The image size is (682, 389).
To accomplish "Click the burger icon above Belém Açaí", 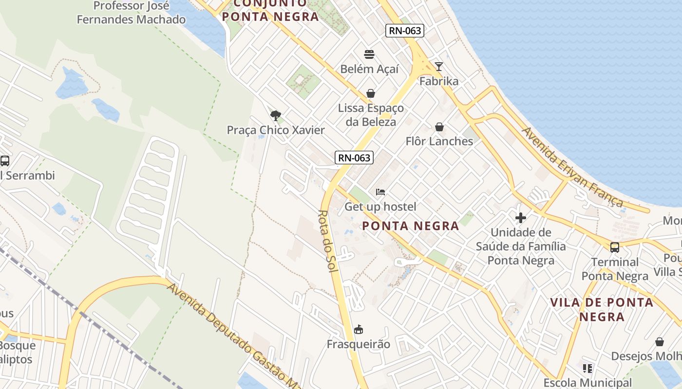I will coord(369,54).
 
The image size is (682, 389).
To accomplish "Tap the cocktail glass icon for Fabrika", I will coord(439,66).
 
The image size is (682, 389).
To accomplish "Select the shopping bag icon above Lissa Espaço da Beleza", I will coord(371,93).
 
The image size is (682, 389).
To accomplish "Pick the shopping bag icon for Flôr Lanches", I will coord(439,127).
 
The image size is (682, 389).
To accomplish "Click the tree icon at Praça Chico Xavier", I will coord(276,115).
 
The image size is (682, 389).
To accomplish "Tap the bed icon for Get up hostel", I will coord(380,192).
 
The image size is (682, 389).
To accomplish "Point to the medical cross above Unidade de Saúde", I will coord(521,217).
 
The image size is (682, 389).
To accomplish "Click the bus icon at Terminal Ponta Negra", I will coord(615,247).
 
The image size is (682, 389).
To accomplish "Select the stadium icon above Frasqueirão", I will coord(359,330).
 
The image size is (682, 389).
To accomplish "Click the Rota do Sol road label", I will coord(328,241).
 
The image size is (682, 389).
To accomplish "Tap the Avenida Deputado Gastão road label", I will coord(234,336).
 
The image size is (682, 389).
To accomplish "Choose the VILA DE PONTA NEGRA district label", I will coord(602,309).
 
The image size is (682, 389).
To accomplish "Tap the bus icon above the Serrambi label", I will coord(5,160).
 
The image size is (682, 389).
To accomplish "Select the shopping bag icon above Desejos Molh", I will coord(660,342).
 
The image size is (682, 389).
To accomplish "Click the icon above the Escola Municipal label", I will coord(587,369).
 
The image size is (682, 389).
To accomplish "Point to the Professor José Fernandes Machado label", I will coord(132,13).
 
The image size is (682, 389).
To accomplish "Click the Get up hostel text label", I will coord(380,207).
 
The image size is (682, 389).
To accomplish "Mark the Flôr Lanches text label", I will coord(439,141).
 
